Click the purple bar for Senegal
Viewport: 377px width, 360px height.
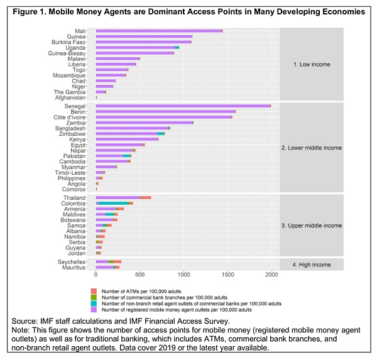[182, 106]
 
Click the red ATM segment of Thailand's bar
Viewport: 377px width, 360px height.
[146, 198]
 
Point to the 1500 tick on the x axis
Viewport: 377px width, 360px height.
[227, 275]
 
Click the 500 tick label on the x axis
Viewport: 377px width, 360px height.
[139, 275]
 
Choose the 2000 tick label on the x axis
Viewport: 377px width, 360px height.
[271, 275]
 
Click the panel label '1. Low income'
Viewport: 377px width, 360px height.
[312, 64]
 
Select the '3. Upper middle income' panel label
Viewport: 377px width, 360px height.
[312, 226]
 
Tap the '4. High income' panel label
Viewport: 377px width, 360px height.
[312, 265]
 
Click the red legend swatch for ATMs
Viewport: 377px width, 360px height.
[94, 290]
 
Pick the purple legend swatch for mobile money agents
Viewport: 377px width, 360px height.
[94, 310]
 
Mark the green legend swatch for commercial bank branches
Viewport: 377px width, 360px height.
[94, 297]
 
